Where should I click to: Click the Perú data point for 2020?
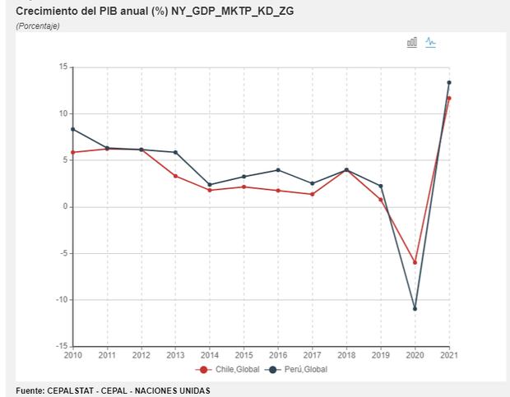(415, 309)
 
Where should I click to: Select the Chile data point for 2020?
(415, 263)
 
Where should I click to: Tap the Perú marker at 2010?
(73, 129)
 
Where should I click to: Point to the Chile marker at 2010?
(73, 152)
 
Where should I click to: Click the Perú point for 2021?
(449, 82)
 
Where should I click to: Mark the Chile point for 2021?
(449, 98)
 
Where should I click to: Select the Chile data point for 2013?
(175, 176)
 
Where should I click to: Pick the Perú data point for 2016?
(278, 170)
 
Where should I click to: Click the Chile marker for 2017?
(313, 194)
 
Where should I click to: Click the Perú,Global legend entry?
(303, 370)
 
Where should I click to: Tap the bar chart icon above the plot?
(412, 42)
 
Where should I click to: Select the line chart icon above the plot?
(430, 42)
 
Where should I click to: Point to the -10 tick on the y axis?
(60, 300)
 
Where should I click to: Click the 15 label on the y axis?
(63, 67)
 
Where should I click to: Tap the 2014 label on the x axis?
(210, 355)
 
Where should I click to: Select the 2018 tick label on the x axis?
(346, 355)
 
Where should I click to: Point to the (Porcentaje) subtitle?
(38, 26)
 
